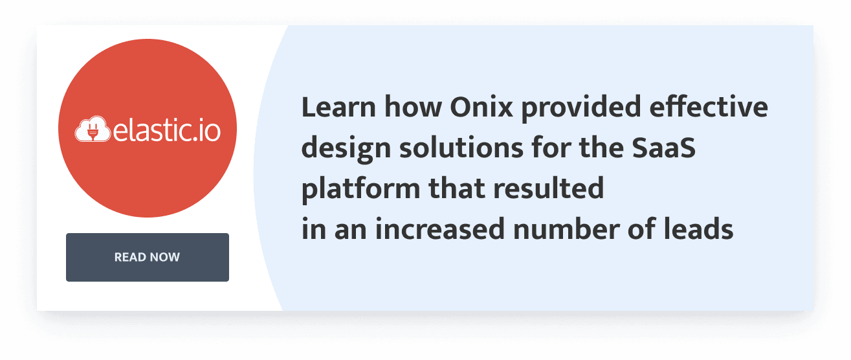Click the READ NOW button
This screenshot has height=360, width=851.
click(148, 257)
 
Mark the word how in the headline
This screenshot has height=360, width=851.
click(406, 107)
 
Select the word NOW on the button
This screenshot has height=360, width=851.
click(165, 257)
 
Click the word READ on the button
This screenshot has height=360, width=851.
click(130, 257)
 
